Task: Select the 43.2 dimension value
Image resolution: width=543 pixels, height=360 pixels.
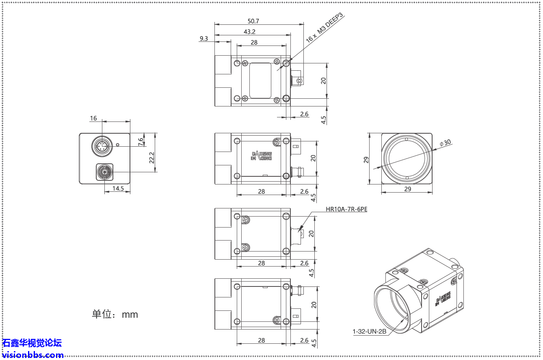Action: pos(249,32)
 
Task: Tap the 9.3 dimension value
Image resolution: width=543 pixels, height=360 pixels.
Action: pos(204,39)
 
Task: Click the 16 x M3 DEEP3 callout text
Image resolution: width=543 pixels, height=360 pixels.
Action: pos(325,28)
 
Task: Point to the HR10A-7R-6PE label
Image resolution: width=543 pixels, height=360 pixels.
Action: pos(346,210)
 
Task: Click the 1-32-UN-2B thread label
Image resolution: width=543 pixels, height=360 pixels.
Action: pos(369,332)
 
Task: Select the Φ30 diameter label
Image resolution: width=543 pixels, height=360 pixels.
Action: pos(446,143)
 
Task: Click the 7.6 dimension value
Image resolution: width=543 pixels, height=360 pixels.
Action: pos(141,142)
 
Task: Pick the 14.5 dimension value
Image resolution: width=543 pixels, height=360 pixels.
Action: pos(118,189)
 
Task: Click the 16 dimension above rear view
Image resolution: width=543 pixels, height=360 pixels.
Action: pos(93,118)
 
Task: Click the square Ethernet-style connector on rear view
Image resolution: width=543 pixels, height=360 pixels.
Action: pos(105,172)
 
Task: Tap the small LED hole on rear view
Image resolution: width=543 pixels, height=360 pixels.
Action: pos(118,144)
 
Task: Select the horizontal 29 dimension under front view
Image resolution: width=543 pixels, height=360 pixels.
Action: pos(407,189)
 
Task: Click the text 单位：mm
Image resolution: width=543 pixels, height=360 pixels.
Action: pos(115,314)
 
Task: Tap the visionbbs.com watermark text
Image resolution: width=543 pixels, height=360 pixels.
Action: pos(32,355)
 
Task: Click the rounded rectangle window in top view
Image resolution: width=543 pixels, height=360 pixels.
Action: pos(260,80)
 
